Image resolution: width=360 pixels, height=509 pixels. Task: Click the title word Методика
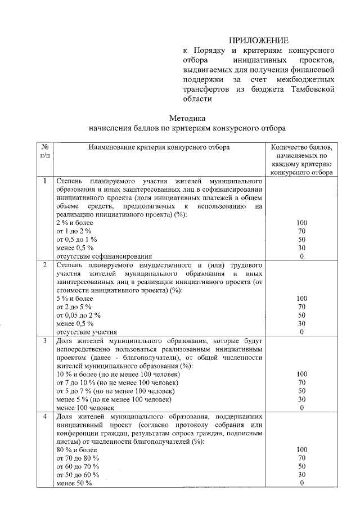[187, 118]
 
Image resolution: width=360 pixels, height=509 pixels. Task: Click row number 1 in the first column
[45, 182]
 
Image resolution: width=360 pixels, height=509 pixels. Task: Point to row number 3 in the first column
[45, 341]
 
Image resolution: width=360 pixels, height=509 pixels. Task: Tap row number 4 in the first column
[45, 417]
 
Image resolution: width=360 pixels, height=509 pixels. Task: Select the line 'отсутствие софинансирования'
[96, 256]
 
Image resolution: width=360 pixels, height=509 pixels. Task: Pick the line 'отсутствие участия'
[82, 332]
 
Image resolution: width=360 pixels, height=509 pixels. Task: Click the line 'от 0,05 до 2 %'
[79, 315]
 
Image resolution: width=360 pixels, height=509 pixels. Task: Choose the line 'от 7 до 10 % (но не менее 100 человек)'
[118, 382]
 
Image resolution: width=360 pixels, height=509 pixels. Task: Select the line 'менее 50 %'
[74, 484]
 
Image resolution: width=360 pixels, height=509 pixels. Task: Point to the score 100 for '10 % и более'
[301, 374]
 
